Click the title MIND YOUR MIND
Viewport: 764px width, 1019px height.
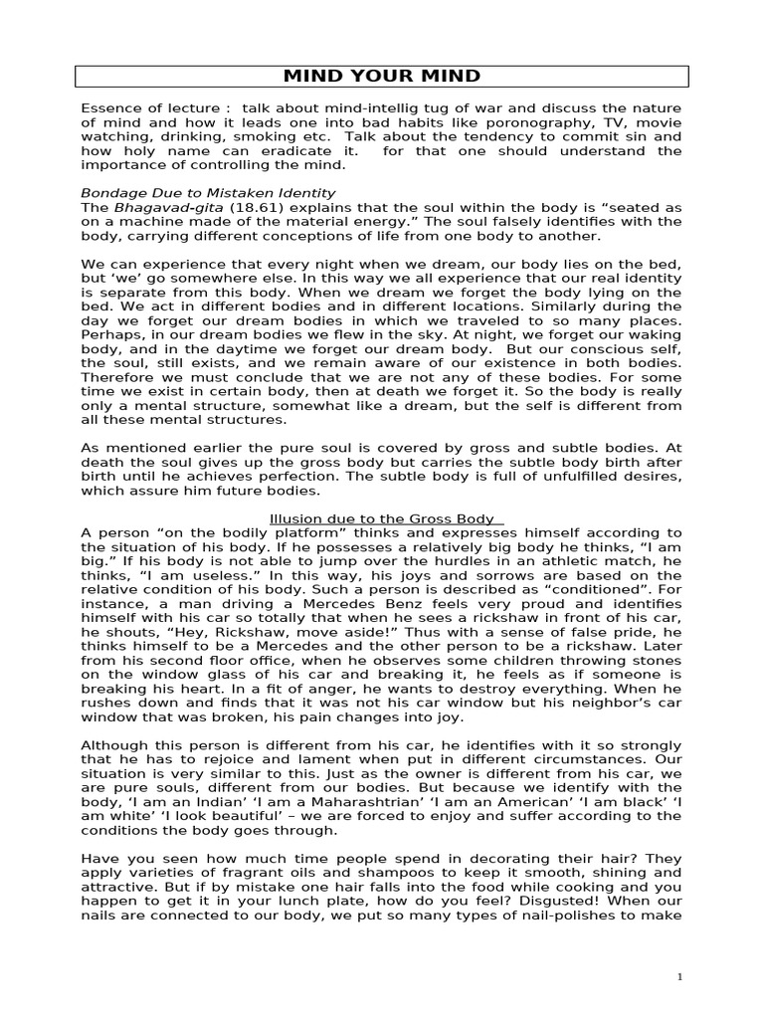tap(382, 76)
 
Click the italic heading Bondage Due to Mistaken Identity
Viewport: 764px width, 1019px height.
tap(207, 192)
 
